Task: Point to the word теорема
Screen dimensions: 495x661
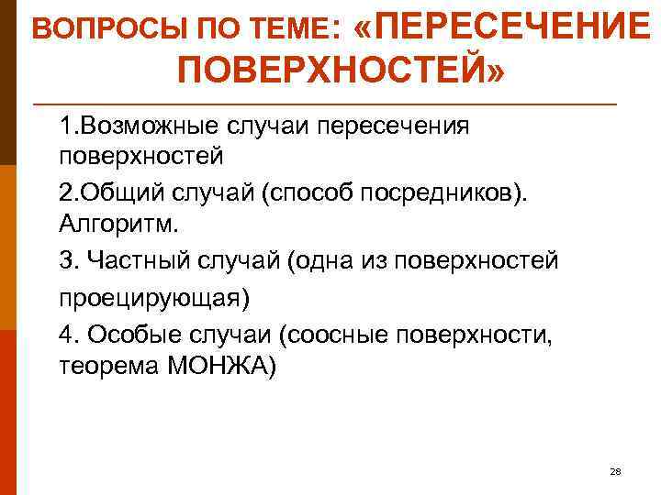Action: [103, 367]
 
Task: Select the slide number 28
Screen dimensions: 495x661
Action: [615, 471]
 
